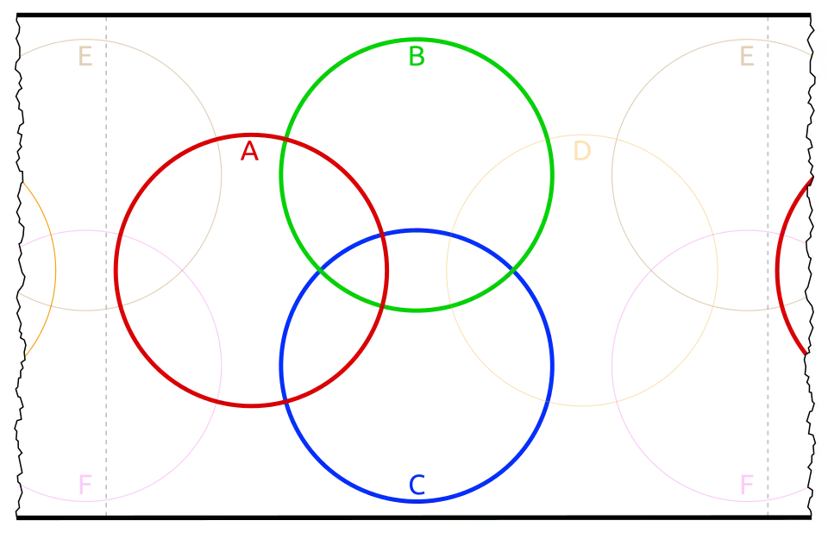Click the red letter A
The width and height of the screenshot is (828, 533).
(248, 152)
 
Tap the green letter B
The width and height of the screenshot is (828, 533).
(416, 57)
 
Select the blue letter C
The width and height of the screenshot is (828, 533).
(417, 486)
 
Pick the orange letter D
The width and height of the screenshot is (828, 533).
(582, 152)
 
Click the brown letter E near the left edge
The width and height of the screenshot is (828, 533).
(85, 57)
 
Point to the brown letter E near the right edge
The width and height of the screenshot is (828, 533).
(747, 57)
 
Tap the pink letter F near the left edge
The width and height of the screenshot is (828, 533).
(85, 484)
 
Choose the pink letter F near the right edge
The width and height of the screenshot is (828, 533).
(747, 484)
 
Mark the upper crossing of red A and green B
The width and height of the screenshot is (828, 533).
(283, 137)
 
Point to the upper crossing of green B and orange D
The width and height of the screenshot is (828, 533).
(549, 137)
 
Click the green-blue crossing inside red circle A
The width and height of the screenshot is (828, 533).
(319, 270)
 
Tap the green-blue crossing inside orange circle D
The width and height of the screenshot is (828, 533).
(514, 270)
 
